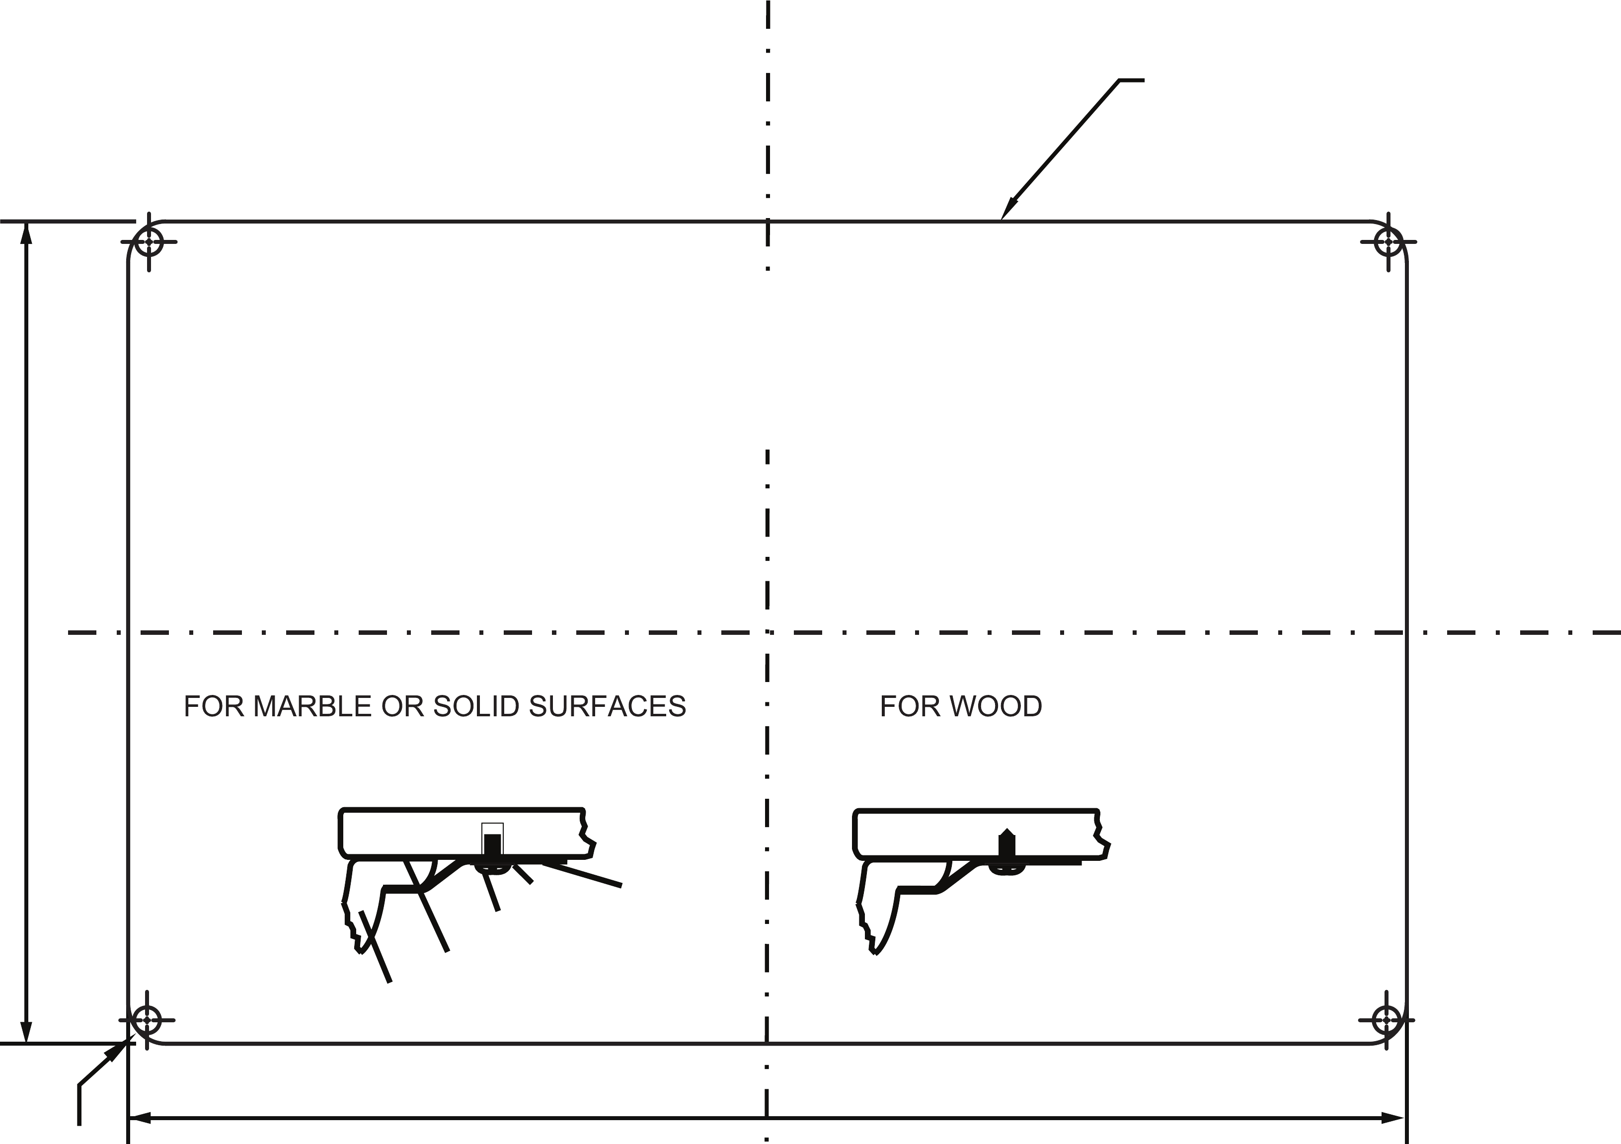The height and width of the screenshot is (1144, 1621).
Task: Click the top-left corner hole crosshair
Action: click(x=149, y=241)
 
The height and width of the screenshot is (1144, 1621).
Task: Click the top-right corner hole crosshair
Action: click(x=1389, y=241)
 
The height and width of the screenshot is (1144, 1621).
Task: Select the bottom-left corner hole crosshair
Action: click(x=147, y=1020)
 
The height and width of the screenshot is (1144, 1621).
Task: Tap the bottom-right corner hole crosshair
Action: click(x=1387, y=1020)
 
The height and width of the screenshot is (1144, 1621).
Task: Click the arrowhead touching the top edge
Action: click(x=1008, y=209)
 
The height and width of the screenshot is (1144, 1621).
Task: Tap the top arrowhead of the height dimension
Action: click(x=27, y=233)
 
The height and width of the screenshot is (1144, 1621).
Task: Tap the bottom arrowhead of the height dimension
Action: click(x=27, y=1032)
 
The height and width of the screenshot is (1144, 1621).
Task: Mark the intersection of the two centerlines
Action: click(x=768, y=633)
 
